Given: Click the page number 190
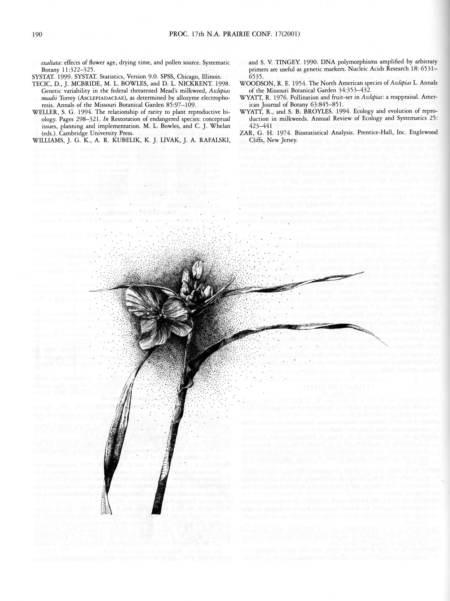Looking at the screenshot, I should tap(37, 35).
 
